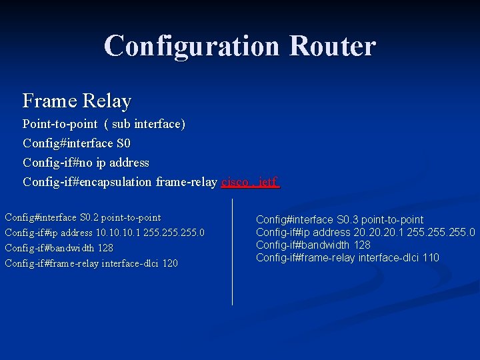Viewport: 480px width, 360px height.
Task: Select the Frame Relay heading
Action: [x=77, y=101]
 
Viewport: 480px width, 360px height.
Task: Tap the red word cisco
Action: [x=235, y=182]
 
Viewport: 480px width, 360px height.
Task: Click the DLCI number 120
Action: [x=170, y=263]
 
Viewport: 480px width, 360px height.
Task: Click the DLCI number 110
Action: [x=431, y=258]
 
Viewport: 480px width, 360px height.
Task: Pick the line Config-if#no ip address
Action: [x=86, y=163]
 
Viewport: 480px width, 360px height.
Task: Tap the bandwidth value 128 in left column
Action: [x=105, y=248]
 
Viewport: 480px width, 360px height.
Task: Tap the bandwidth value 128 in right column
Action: [x=362, y=245]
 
